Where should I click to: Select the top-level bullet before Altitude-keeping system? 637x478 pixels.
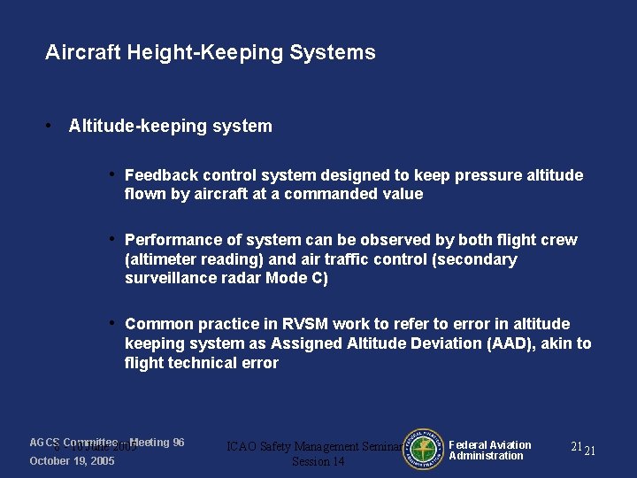52,126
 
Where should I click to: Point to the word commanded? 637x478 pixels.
334,194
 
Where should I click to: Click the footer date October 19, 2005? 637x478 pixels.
72,461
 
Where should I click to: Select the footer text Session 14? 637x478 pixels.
318,462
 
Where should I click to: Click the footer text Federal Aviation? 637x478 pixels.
490,445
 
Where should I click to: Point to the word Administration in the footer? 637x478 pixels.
486,456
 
